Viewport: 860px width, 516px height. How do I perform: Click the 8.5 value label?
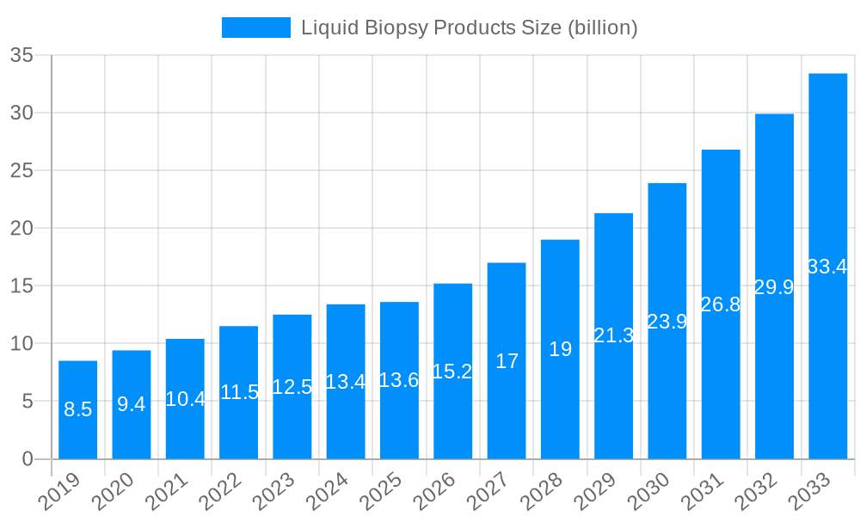77,410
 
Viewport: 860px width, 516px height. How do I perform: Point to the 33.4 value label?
827,267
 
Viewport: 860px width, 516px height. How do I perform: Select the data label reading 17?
507,361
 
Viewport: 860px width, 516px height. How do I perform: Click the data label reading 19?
560,350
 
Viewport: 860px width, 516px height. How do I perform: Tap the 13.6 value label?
399,381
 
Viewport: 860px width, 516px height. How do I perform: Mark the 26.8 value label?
721,304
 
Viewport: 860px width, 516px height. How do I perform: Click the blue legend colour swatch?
256,28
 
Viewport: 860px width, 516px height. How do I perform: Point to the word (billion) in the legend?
601,28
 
